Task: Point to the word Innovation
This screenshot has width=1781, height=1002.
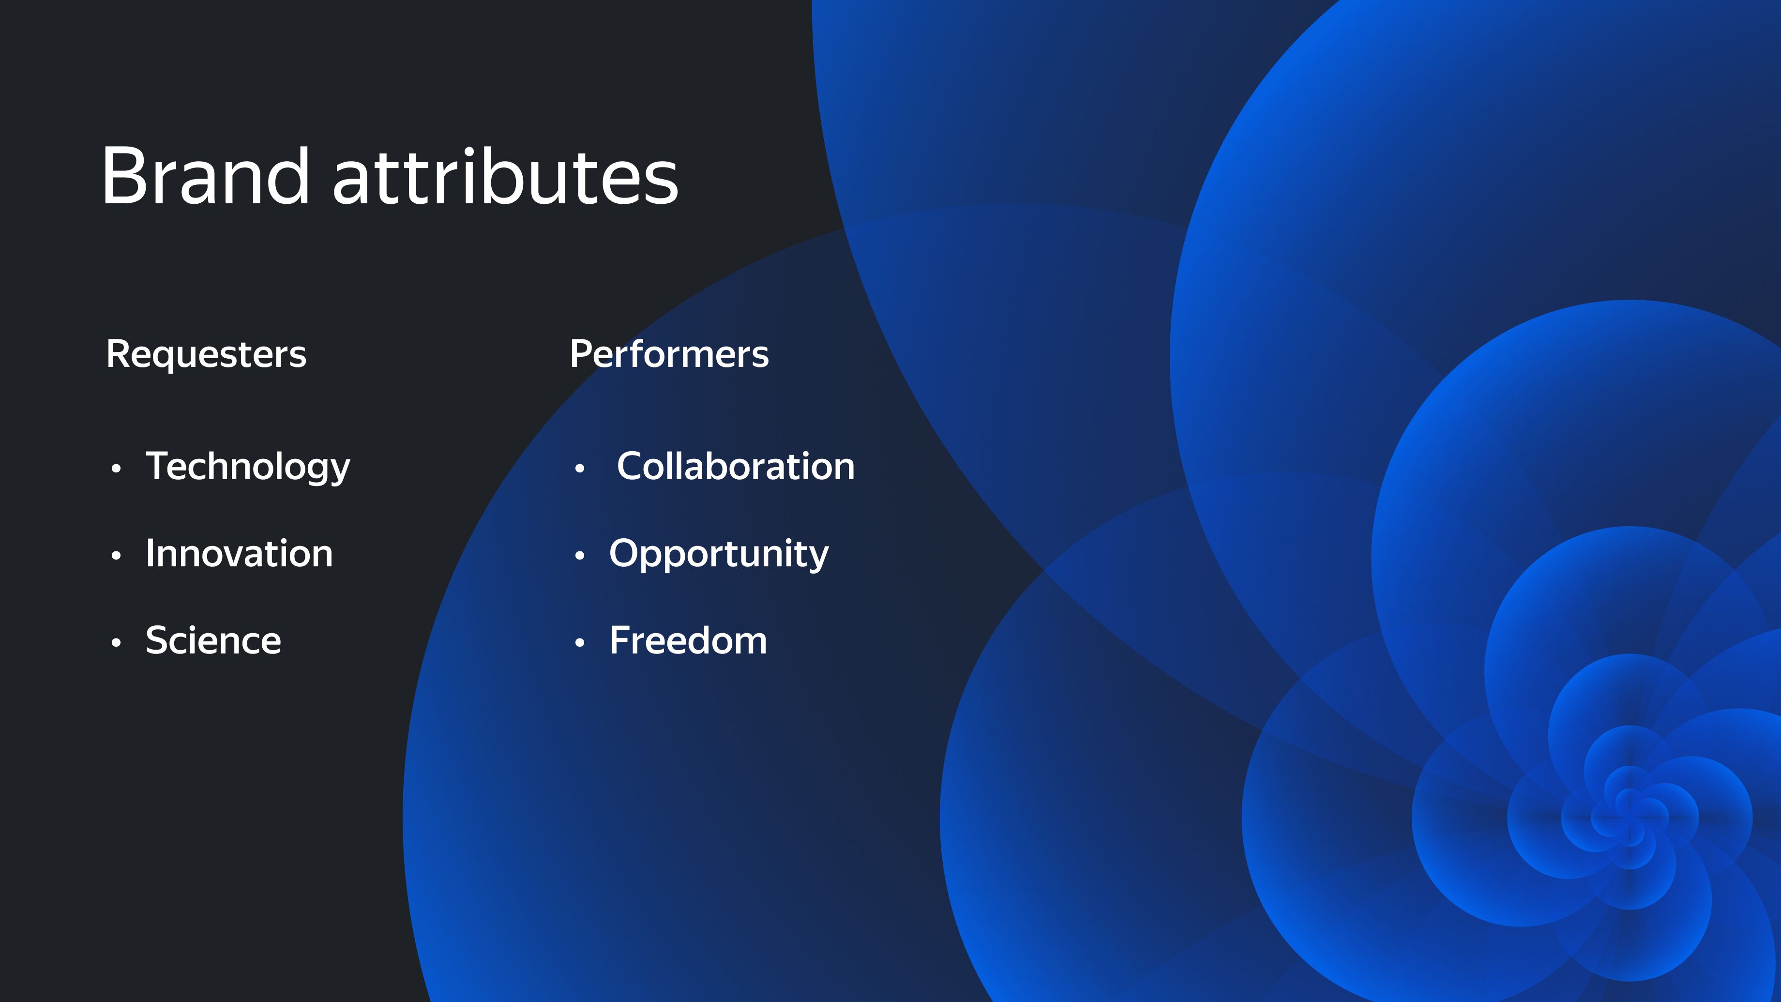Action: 239,553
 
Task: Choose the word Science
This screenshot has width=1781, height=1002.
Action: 213,640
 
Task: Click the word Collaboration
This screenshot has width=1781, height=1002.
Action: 736,466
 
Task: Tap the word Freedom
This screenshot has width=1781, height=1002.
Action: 688,640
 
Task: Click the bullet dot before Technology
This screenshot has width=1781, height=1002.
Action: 116,469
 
